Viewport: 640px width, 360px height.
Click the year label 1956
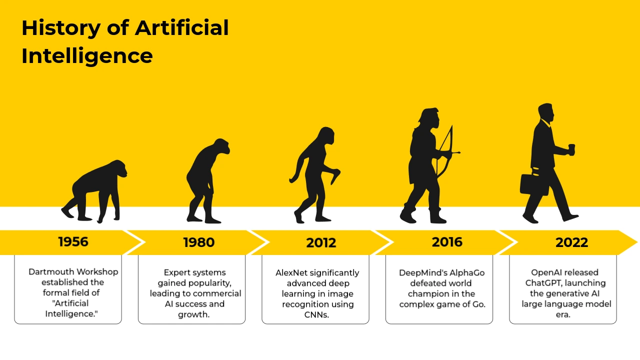click(73, 241)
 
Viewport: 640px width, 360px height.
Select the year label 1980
click(199, 242)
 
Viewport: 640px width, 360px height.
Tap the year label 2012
click(321, 243)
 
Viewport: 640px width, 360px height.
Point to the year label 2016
click(447, 242)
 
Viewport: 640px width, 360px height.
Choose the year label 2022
click(571, 242)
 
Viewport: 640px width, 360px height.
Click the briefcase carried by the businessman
click(533, 184)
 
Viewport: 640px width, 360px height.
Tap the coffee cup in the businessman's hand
click(571, 150)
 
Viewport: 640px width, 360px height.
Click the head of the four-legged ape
click(117, 168)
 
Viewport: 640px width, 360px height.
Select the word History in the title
click(61, 28)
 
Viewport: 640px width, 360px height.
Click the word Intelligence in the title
click(87, 56)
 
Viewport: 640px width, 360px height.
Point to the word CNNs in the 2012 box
click(316, 315)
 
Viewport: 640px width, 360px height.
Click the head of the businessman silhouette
click(546, 112)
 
